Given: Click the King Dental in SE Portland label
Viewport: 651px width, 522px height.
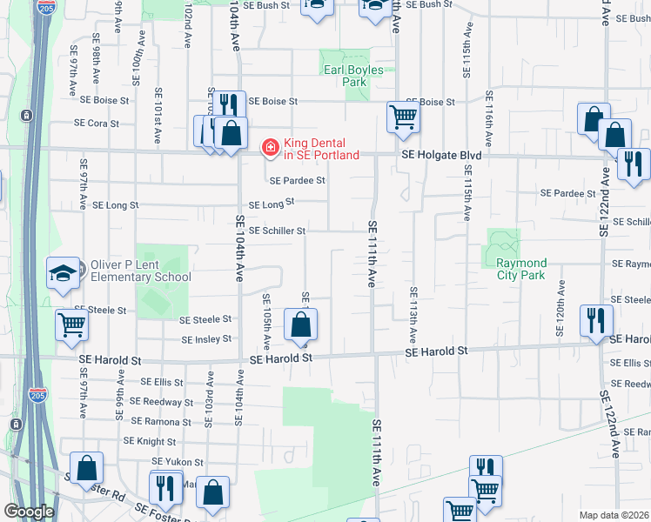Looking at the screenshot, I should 321,149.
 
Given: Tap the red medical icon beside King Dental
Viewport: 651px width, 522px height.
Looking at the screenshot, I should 271,149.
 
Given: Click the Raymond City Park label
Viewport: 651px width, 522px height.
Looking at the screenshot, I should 520,269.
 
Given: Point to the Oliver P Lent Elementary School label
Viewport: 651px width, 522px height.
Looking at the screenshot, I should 141,271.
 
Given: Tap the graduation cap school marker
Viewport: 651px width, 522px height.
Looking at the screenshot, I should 64,274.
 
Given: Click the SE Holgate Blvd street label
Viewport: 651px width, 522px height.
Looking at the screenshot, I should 441,156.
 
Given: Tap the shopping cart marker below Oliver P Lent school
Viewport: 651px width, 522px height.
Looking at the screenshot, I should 71,325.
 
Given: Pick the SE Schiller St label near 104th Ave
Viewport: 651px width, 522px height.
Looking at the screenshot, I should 277,231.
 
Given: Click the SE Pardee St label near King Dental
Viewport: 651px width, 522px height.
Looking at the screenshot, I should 297,181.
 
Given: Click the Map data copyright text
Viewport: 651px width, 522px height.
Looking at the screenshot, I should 614,515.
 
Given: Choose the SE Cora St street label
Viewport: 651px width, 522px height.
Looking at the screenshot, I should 103,124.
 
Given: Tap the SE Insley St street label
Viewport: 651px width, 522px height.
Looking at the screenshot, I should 205,338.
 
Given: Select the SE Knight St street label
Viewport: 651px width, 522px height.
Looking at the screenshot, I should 151,442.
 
